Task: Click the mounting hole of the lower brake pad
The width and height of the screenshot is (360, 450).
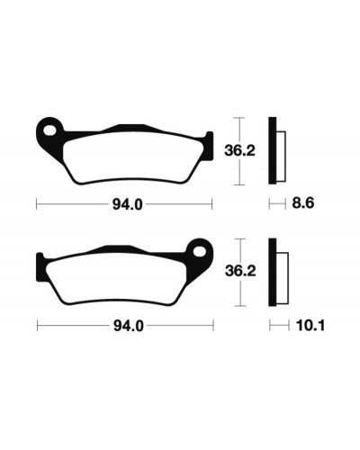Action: tap(200, 252)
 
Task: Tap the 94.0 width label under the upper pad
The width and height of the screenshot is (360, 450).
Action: tap(127, 205)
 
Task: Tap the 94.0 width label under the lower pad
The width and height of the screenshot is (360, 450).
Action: tap(129, 326)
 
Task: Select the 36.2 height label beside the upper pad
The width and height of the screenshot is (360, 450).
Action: tap(239, 150)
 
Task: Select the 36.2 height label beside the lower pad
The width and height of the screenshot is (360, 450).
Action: tap(240, 271)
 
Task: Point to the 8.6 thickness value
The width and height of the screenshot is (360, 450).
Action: tap(303, 203)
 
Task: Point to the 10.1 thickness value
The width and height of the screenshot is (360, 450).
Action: tap(310, 326)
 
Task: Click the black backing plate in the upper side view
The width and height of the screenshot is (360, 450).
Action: tap(272, 150)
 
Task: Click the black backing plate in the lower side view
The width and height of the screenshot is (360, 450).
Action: tap(272, 272)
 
